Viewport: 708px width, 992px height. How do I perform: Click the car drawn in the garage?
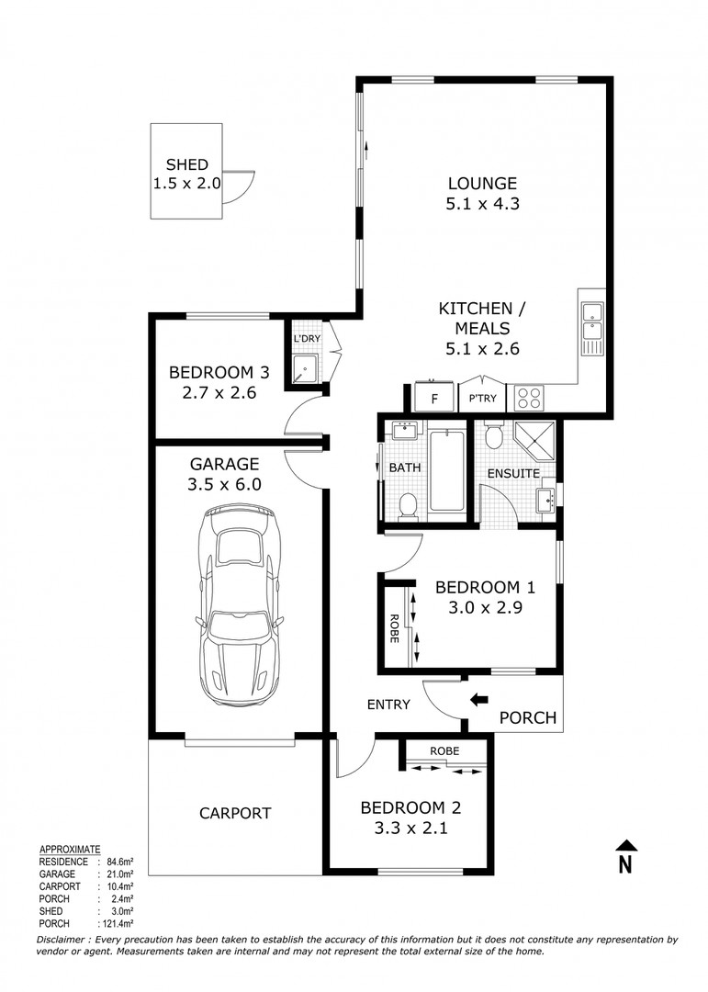tap(240, 606)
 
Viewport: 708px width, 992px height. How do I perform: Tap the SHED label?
tap(186, 165)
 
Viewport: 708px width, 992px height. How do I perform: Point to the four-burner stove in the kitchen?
tap(529, 398)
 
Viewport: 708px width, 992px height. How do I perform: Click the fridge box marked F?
tap(434, 399)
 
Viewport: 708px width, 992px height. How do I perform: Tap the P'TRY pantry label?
tap(484, 399)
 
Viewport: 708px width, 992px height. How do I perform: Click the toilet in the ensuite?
tap(494, 434)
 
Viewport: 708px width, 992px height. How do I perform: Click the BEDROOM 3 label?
tap(219, 372)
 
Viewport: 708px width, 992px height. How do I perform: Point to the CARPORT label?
tap(236, 813)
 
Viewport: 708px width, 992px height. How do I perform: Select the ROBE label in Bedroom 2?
tap(445, 750)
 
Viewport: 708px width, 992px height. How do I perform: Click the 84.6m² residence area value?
tap(118, 862)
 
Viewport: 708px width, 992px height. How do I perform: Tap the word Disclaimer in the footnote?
tap(66, 940)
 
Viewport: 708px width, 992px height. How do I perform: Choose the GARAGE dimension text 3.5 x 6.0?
tap(224, 485)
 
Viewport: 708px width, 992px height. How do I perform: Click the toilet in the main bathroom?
tap(407, 503)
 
